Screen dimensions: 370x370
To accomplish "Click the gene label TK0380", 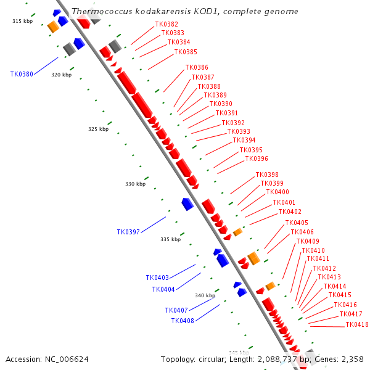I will point(22,74).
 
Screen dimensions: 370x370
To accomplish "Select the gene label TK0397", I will point(128,232).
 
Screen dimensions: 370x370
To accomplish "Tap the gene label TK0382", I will point(166,24).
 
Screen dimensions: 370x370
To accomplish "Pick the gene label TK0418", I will point(357,324).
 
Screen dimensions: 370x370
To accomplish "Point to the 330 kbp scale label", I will point(135,184).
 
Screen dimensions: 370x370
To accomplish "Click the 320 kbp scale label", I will point(61,75).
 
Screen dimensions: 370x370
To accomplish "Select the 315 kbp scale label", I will point(22,21).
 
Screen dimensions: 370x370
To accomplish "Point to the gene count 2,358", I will point(352,359).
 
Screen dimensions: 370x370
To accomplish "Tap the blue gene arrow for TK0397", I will point(187,203).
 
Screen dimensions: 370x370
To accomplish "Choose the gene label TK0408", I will point(183,321).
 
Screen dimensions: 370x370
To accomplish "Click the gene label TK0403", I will point(157,277).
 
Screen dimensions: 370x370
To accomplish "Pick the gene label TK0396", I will point(257,159).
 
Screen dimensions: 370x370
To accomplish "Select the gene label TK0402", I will point(290,212).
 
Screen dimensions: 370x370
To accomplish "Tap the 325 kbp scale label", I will point(98,129).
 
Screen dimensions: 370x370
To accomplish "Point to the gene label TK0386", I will point(197,67).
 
